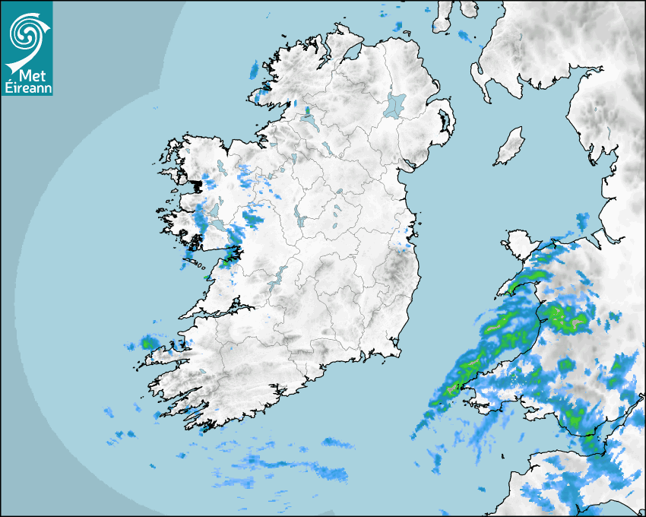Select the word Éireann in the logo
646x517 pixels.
point(27,88)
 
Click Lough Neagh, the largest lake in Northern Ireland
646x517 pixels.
point(395,105)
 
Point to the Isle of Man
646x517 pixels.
point(509,147)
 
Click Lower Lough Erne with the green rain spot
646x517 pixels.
point(309,120)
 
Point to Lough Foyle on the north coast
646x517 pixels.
point(351,52)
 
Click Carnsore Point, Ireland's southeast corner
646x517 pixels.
point(398,351)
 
